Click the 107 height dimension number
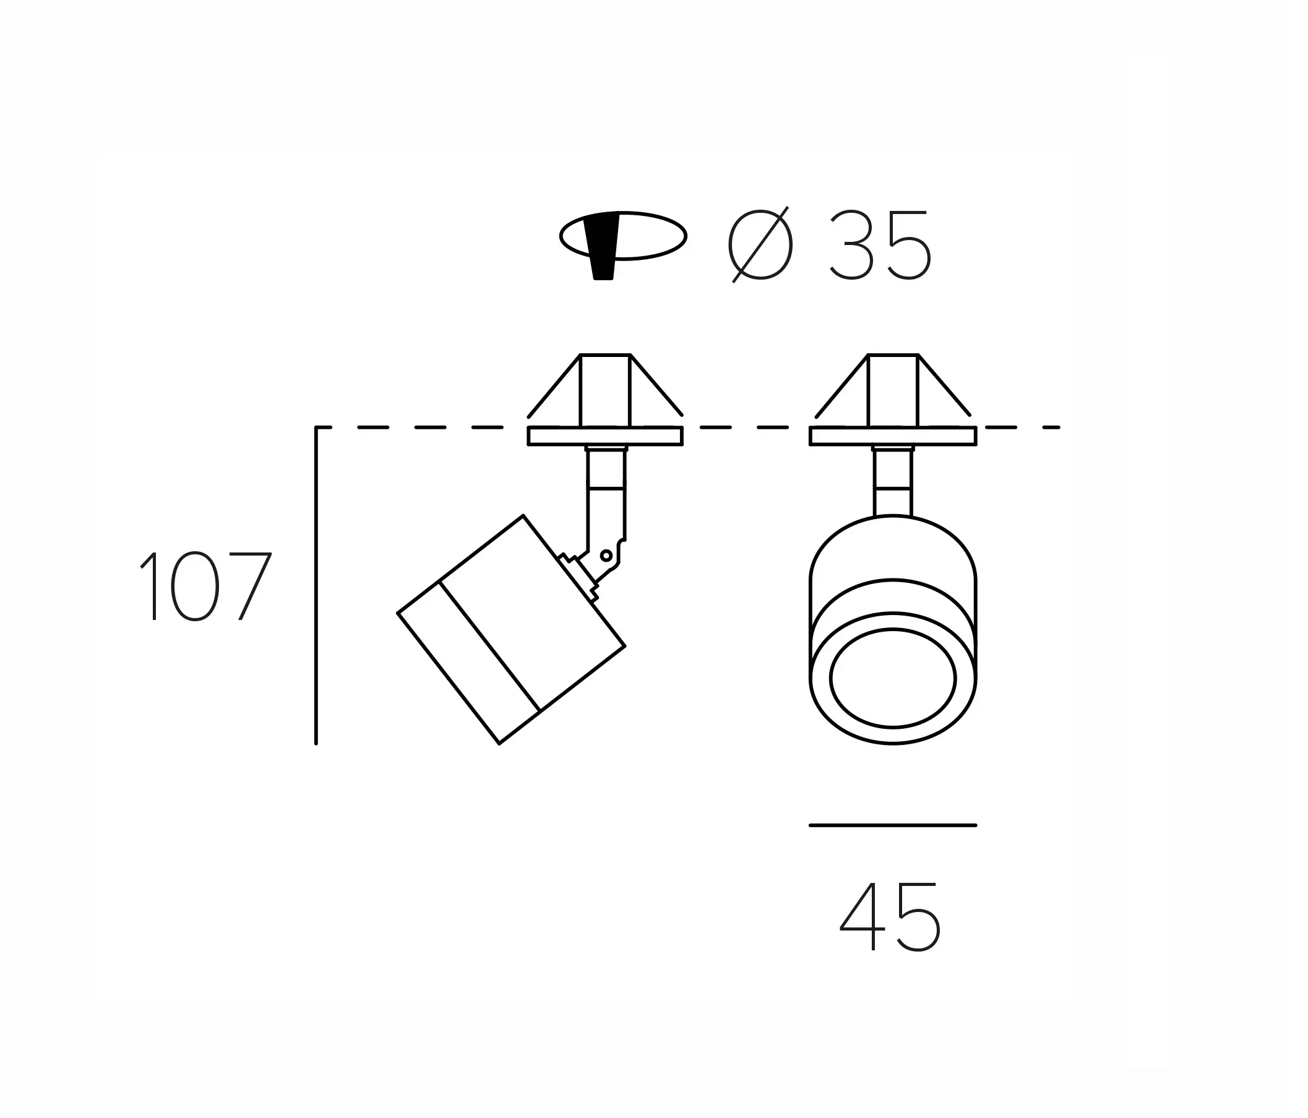pyautogui.click(x=205, y=587)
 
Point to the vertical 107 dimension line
pyautogui.click(x=316, y=587)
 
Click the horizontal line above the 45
pyautogui.click(x=893, y=825)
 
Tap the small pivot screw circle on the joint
pyautogui.click(x=606, y=556)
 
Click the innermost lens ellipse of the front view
pyautogui.click(x=893, y=678)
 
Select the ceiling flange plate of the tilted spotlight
pyautogui.click(x=605, y=436)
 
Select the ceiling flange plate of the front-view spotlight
pyautogui.click(x=893, y=436)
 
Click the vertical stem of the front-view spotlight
pyautogui.click(x=893, y=483)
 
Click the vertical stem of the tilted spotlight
pyautogui.click(x=606, y=486)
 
